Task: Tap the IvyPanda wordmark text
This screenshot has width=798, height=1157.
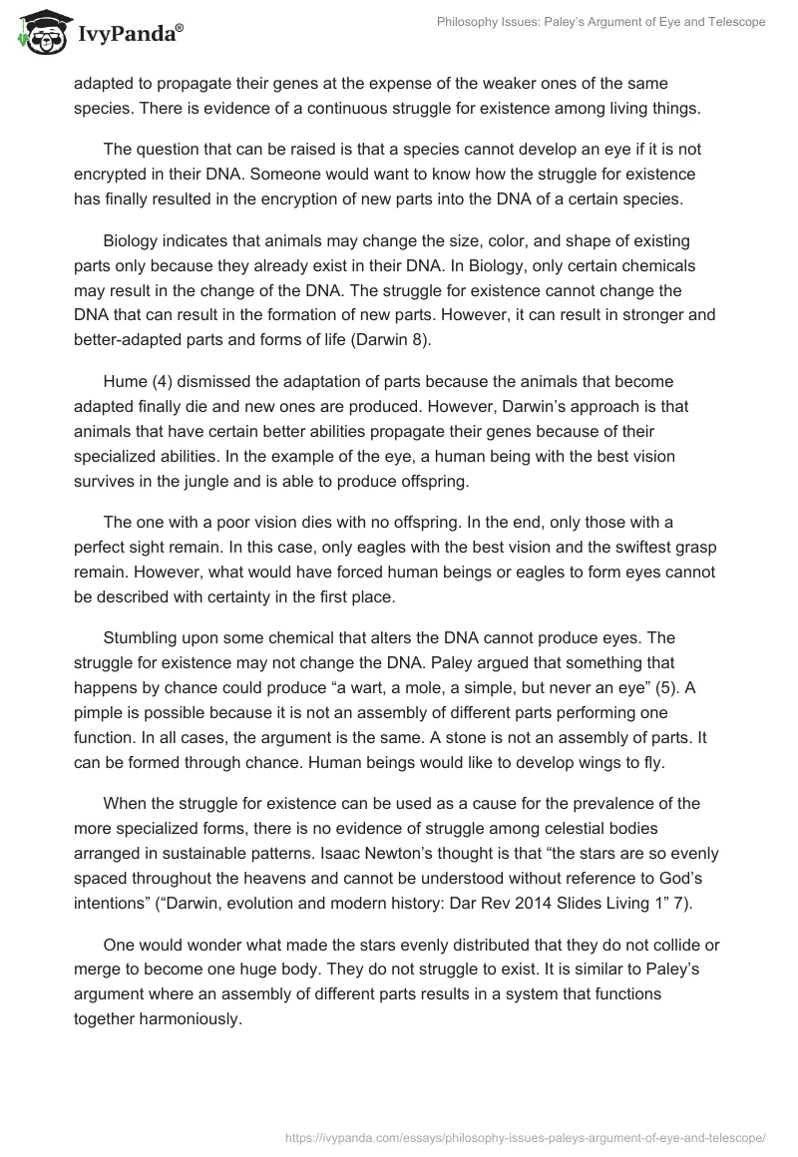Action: point(127,35)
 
